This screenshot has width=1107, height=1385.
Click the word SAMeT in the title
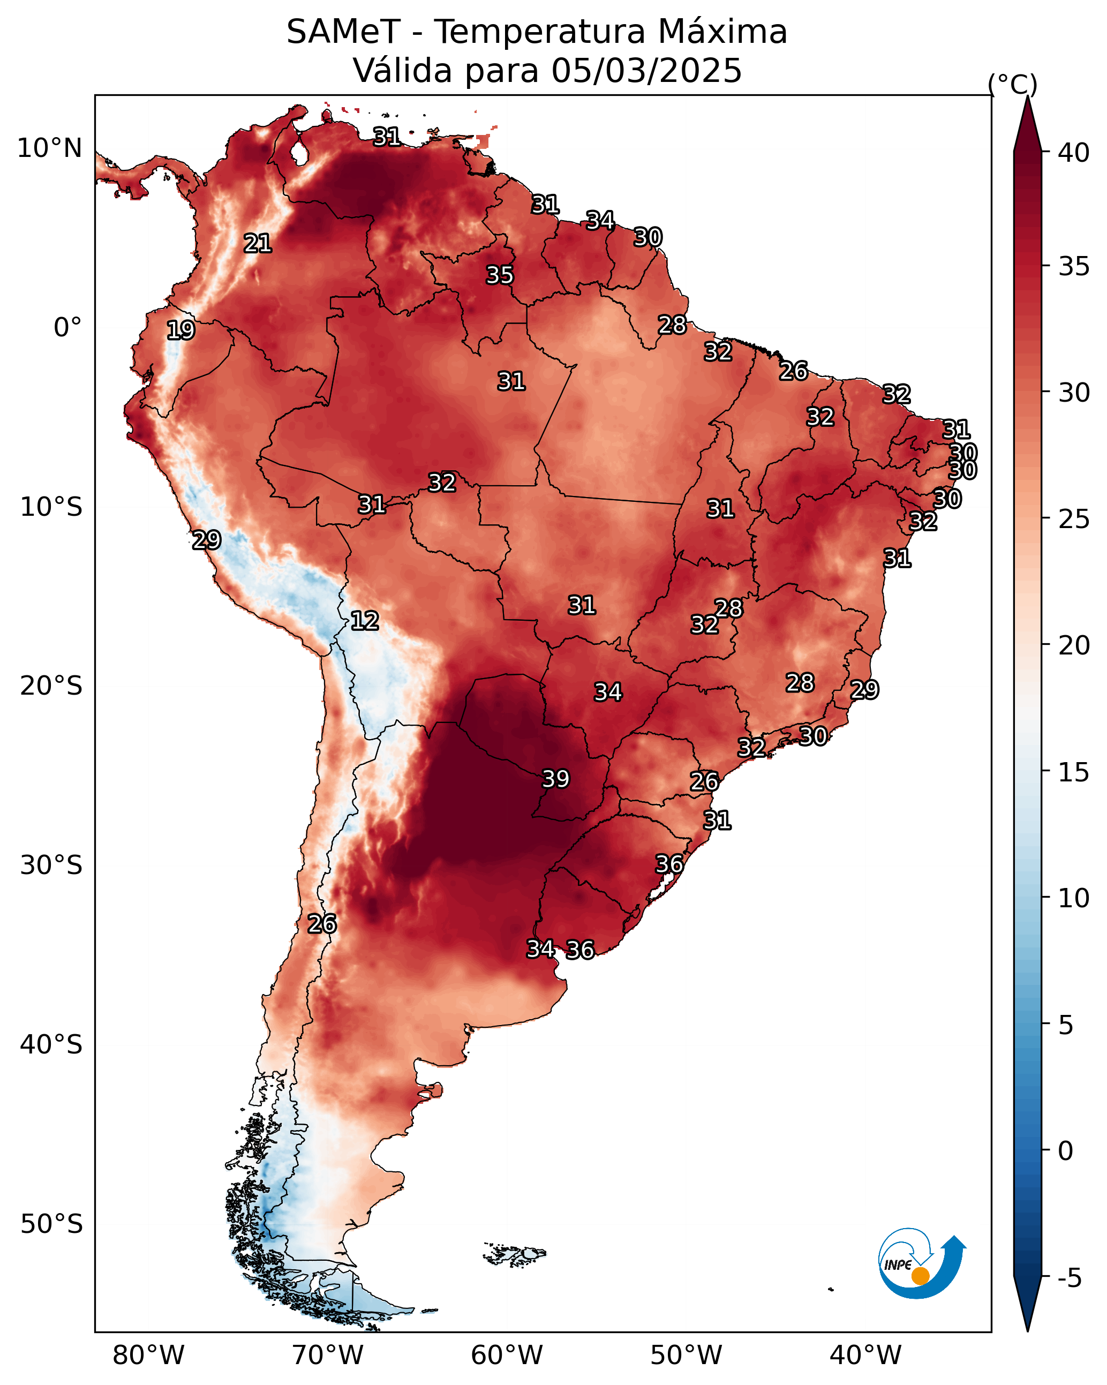tap(343, 32)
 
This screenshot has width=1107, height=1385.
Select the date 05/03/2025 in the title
tap(646, 70)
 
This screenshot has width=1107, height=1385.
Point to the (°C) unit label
tap(1012, 84)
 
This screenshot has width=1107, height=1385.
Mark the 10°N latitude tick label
tap(49, 148)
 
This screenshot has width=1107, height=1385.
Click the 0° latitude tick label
tap(68, 327)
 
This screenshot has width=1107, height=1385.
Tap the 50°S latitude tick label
tap(51, 1224)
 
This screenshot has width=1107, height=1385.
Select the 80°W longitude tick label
tap(148, 1356)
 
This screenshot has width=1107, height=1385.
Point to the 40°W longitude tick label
tap(865, 1356)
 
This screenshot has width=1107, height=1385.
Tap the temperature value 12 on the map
tap(364, 621)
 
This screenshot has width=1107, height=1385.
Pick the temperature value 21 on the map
tap(258, 243)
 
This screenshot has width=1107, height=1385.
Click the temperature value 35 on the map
tap(499, 275)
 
